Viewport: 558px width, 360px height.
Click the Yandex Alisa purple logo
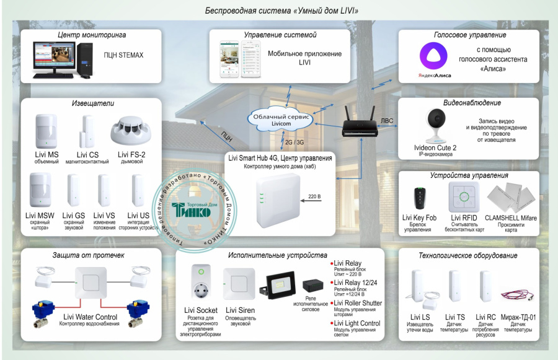pyautogui.click(x=433, y=56)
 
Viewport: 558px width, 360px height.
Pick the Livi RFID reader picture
pyautogui.click(x=463, y=198)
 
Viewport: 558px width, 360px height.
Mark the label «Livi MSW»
pyautogui.click(x=40, y=216)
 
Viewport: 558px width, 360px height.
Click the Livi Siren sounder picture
pyautogui.click(x=239, y=284)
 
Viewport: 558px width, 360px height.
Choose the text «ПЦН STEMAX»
pyautogui.click(x=124, y=55)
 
